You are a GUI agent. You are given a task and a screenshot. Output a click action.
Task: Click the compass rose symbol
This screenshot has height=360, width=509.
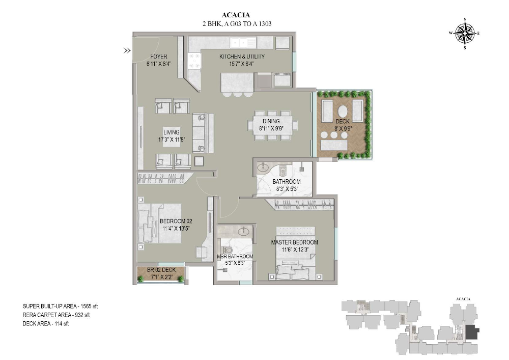(x=464, y=34)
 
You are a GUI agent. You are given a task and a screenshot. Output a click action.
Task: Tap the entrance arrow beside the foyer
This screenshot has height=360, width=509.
(x=126, y=50)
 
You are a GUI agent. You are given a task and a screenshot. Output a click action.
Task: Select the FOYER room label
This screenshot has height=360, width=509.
(x=158, y=57)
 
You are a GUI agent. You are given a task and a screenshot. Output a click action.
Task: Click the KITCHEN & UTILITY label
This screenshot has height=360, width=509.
(x=242, y=57)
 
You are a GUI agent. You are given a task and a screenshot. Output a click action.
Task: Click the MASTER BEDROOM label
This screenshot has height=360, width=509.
(x=294, y=242)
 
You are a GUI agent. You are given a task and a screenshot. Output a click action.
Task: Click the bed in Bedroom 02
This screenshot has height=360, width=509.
(x=159, y=224)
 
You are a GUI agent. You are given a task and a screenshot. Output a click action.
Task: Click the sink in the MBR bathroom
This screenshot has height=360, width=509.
(x=244, y=232)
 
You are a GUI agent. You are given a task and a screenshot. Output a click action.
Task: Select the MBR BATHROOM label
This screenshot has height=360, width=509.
(x=235, y=256)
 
